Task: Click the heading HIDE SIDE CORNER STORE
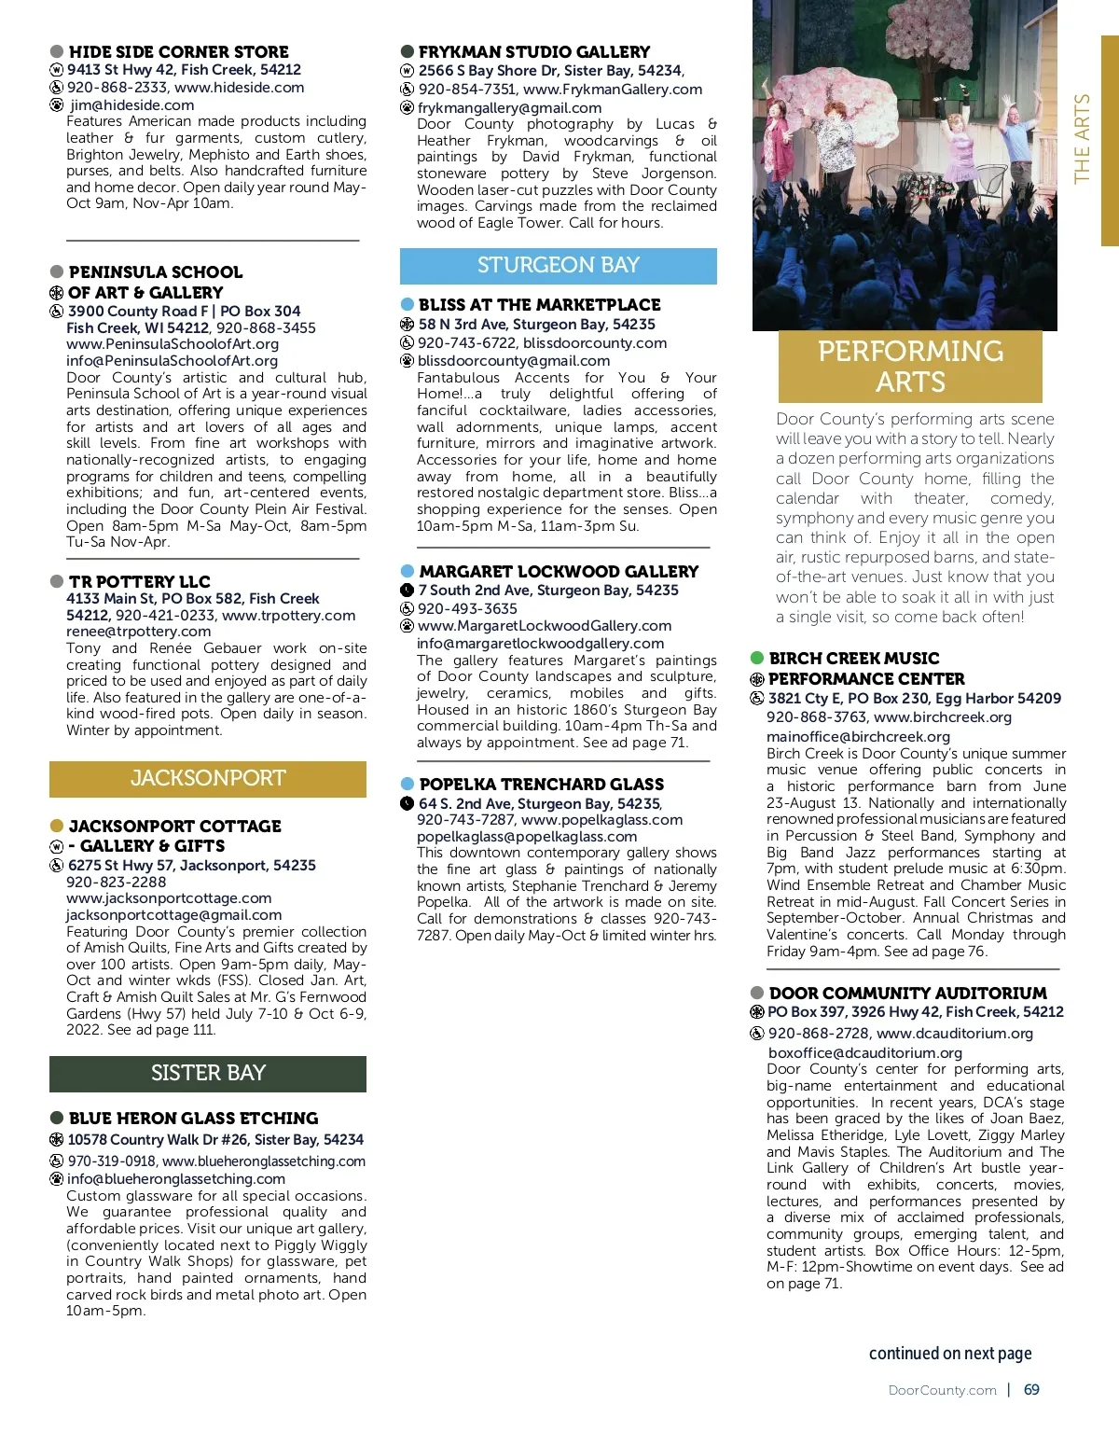click(x=178, y=52)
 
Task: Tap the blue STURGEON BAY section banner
click(x=558, y=265)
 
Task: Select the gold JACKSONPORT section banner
click(x=207, y=778)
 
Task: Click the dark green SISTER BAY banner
click(x=207, y=1073)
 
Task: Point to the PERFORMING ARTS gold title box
click(x=910, y=366)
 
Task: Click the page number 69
click(x=1031, y=1389)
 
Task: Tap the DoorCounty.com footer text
click(x=942, y=1390)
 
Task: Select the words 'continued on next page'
click(x=949, y=1353)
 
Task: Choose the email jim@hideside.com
click(x=131, y=105)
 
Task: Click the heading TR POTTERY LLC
click(x=140, y=581)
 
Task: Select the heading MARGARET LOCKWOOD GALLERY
click(x=559, y=571)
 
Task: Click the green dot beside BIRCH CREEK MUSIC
click(x=757, y=658)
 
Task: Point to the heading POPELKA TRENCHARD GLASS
click(x=541, y=784)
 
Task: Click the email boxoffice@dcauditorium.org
click(x=864, y=1052)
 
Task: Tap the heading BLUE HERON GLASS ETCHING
click(x=193, y=1118)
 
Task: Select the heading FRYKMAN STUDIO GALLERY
click(x=533, y=52)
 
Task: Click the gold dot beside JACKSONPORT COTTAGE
click(x=57, y=826)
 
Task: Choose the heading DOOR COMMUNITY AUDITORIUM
click(x=907, y=993)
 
